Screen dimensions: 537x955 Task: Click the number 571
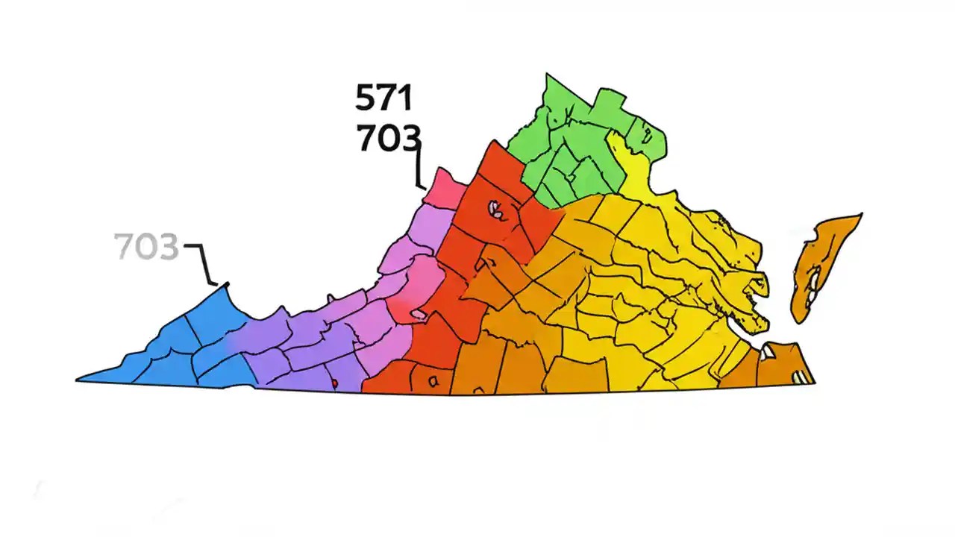tap(383, 98)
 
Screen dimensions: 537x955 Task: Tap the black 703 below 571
tap(388, 139)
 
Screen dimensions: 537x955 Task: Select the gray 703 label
tap(146, 247)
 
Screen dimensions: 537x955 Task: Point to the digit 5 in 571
tap(366, 98)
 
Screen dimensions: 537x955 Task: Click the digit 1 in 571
tap(405, 98)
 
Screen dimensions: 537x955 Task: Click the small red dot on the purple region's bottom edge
tap(335, 383)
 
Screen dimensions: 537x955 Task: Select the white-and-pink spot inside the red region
tap(495, 209)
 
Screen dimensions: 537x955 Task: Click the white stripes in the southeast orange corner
tap(803, 377)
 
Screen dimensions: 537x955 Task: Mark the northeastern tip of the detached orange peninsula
tap(860, 216)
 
